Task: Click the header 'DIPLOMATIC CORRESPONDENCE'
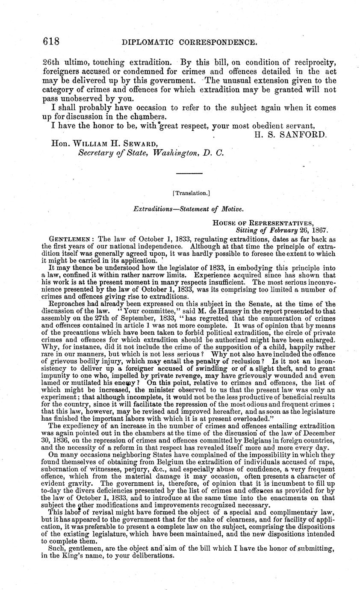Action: coord(189,43)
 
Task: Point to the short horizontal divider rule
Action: coord(189,173)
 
